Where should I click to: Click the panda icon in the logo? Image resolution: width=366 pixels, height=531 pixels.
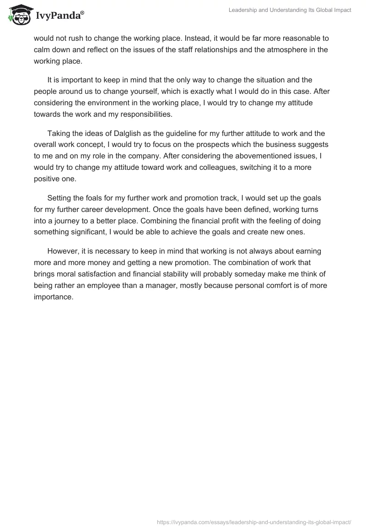(19, 16)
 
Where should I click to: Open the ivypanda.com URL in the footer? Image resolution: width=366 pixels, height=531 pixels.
(254, 521)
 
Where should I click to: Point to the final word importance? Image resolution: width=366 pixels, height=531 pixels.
(54, 297)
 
